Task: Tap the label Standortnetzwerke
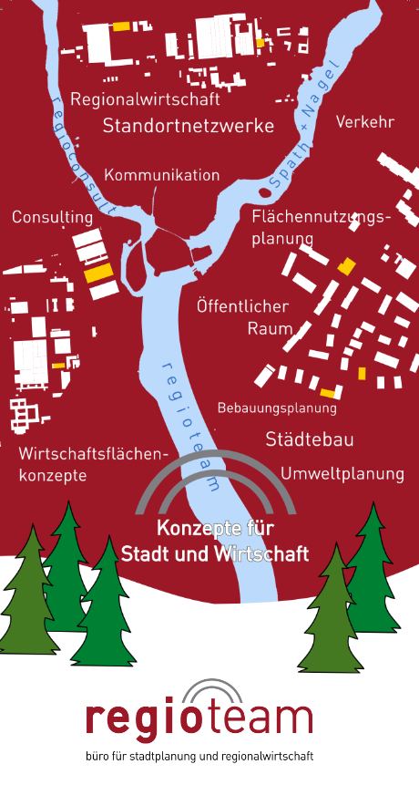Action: [x=189, y=126]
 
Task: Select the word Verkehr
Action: [x=364, y=121]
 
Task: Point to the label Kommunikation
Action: [x=162, y=175]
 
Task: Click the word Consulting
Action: [x=53, y=217]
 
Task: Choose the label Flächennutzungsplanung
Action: [x=320, y=227]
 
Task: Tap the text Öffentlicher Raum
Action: [x=242, y=317]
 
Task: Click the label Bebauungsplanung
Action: [x=277, y=408]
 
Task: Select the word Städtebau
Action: [x=310, y=439]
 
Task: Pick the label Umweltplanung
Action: [x=342, y=473]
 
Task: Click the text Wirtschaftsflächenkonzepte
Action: [x=94, y=464]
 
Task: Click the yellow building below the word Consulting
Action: [x=97, y=273]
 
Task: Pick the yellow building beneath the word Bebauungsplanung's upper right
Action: [x=329, y=393]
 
